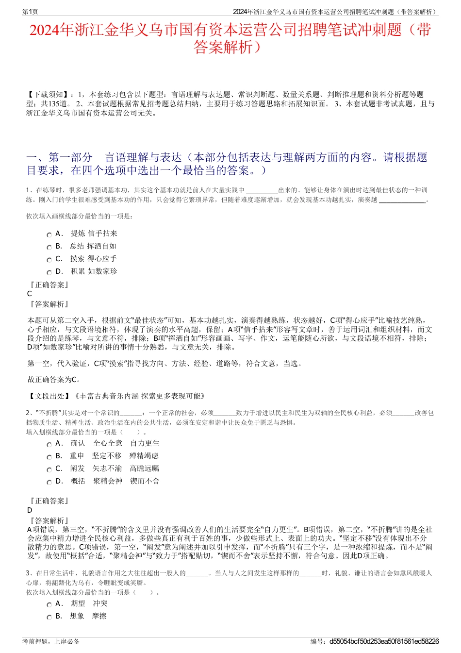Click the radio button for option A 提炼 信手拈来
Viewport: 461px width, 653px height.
(49, 234)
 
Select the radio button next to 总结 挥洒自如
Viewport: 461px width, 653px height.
(49, 247)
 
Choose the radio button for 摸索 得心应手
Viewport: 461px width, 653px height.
(49, 260)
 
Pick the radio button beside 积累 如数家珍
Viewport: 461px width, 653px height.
(49, 272)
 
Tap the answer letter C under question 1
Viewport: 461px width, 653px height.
(30, 294)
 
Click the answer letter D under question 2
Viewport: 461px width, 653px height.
(30, 510)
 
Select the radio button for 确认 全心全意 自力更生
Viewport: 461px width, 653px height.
(49, 444)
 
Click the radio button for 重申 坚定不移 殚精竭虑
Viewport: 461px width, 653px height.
(49, 457)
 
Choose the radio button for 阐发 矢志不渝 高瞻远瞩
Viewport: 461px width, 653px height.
(49, 469)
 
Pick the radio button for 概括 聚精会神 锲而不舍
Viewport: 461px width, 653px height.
(49, 482)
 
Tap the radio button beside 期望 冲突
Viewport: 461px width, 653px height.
(49, 604)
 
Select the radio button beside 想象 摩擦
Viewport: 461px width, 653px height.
(49, 617)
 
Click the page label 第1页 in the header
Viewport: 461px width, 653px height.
(30, 12)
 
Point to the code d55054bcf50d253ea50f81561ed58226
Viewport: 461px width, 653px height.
(384, 641)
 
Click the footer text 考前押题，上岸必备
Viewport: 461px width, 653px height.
(51, 641)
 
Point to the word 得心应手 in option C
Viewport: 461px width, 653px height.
(102, 259)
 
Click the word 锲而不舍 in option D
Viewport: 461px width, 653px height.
(145, 481)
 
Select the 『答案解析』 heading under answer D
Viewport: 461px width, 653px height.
(49, 521)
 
